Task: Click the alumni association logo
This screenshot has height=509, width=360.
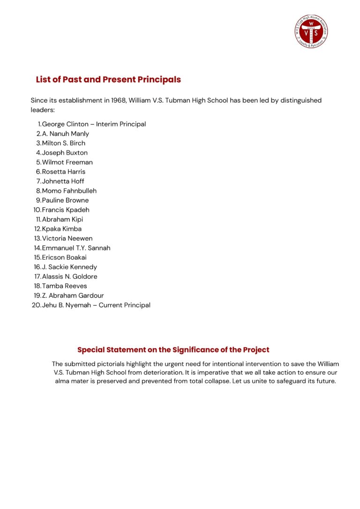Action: click(312, 31)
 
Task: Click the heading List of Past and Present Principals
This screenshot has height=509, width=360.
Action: click(108, 80)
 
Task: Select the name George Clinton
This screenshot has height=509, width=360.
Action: click(65, 124)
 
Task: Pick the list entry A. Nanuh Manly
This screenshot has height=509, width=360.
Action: click(65, 134)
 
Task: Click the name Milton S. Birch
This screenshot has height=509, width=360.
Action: click(63, 143)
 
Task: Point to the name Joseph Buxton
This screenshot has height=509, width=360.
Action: click(65, 153)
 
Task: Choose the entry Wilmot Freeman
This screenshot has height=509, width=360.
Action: click(67, 162)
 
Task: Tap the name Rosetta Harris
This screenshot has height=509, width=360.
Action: click(63, 172)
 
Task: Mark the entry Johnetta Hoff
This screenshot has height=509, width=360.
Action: click(63, 181)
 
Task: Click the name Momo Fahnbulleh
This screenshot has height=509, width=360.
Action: click(69, 191)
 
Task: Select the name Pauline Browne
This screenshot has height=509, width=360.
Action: click(65, 200)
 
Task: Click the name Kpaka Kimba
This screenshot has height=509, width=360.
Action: click(61, 229)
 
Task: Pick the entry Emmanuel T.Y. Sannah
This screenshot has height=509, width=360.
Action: click(76, 248)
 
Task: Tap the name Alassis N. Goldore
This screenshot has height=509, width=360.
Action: click(69, 277)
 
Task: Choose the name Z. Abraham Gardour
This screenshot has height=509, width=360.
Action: click(73, 296)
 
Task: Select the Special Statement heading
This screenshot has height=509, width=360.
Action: click(173, 350)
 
